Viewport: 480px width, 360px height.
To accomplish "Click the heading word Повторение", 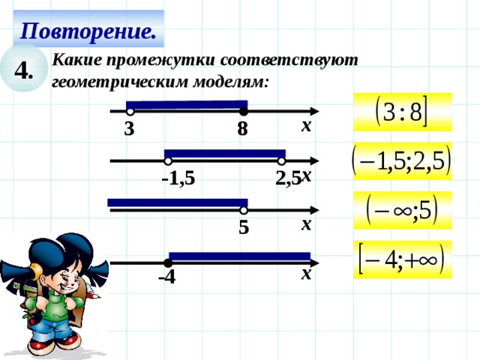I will (x=88, y=31).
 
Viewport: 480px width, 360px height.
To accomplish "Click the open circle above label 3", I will (x=130, y=112).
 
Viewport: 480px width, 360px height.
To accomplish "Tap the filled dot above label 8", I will (x=243, y=112).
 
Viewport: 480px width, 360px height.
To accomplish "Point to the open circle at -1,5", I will (x=169, y=160).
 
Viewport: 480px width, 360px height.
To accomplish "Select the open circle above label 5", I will (x=244, y=211).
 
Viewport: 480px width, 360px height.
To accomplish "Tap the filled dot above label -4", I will (x=167, y=262).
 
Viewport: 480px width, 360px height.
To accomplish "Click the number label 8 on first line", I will (x=241, y=130).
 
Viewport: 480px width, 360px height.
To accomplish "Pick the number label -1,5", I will (x=178, y=178).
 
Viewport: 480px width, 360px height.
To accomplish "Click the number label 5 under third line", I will (x=244, y=227).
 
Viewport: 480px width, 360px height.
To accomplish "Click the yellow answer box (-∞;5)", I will (x=402, y=210).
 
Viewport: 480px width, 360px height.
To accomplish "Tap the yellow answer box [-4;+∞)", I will (x=402, y=259).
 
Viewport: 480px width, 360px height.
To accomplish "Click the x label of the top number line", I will (x=306, y=126).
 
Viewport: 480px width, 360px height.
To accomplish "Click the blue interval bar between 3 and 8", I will (x=186, y=104).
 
